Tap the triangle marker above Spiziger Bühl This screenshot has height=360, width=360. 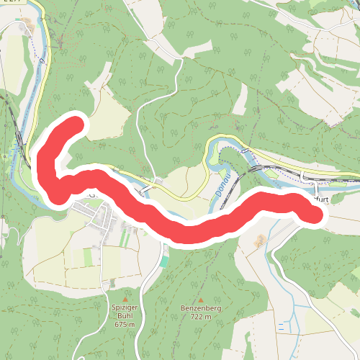(125, 298)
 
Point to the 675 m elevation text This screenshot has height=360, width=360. (125, 325)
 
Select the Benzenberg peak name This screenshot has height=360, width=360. (201, 307)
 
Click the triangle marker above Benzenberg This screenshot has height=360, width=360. (201, 299)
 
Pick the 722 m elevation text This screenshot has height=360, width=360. (201, 317)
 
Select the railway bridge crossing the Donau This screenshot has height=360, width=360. (253, 167)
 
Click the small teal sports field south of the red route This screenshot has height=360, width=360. (164, 261)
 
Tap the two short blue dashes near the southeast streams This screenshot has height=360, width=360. (280, 326)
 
